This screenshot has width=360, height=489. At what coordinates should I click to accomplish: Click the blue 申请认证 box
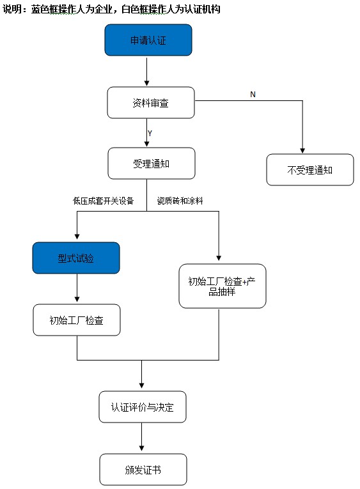[x=148, y=40]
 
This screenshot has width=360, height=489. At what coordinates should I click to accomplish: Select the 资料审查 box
[x=150, y=103]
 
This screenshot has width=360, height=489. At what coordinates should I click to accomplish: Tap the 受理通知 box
[x=150, y=164]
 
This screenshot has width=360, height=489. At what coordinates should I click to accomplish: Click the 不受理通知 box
[x=309, y=170]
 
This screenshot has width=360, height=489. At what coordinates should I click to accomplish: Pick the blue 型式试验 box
[x=77, y=258]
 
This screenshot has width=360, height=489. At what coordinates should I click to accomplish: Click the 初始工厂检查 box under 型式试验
[x=77, y=320]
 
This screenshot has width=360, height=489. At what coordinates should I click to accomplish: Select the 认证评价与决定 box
[x=143, y=407]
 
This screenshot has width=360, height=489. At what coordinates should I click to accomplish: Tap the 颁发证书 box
[x=143, y=469]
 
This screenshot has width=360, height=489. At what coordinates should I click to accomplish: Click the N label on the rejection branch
[x=253, y=94]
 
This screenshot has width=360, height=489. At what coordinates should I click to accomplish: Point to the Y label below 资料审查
[x=150, y=133]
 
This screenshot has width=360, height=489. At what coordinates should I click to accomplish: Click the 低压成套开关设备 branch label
[x=104, y=201]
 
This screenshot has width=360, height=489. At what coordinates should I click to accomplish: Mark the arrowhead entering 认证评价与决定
[x=142, y=387]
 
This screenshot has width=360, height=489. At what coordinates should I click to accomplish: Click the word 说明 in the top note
[x=12, y=9]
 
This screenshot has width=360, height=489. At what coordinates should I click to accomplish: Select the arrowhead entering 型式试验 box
[x=77, y=238]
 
